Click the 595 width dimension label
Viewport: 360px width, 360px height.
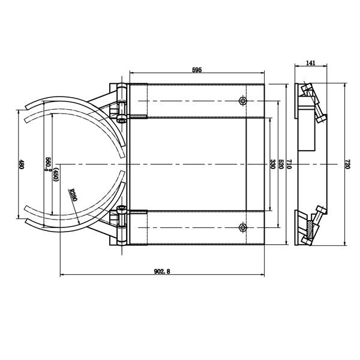point(197,70)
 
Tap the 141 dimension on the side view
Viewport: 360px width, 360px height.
point(310,62)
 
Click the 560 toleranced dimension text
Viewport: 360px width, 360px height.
point(48,164)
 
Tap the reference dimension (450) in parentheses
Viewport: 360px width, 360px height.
point(55,175)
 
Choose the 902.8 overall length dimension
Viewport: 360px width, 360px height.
point(163,271)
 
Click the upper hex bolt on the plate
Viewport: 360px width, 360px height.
point(242,100)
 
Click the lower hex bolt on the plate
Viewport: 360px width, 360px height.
point(242,227)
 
